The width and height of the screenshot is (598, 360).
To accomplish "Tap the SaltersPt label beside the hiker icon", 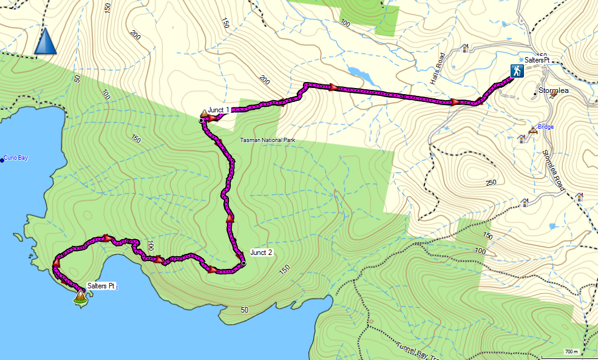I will (x=537, y=60).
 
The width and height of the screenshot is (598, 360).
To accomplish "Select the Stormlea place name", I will (x=553, y=90).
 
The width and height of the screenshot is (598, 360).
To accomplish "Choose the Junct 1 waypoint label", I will (x=219, y=110).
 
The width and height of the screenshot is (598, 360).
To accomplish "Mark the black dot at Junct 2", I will (x=243, y=263).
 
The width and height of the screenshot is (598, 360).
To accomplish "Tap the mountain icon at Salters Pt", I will (x=80, y=296).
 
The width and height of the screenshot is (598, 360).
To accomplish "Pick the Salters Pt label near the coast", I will (x=101, y=285).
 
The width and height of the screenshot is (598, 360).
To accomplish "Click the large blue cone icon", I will (x=46, y=41).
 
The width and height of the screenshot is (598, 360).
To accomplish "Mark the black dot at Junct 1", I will (x=200, y=121).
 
